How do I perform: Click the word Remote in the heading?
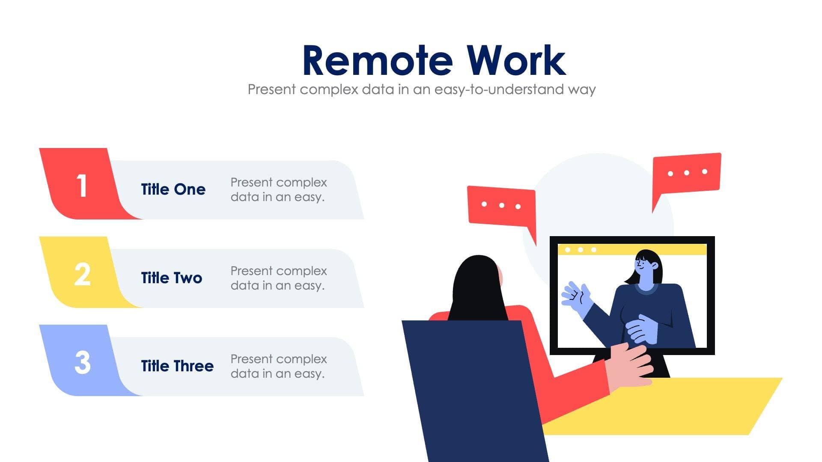[377, 61]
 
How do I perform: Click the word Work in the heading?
[516, 61]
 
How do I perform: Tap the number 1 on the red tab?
[81, 186]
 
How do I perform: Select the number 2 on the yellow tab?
[82, 274]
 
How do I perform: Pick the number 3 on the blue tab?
[82, 363]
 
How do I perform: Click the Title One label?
[173, 189]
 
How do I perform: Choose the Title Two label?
[171, 278]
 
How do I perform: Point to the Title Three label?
[177, 366]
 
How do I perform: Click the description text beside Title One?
[278, 190]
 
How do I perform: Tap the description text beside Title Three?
[278, 366]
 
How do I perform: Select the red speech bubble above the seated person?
[501, 206]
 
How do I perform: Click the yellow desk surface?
[685, 406]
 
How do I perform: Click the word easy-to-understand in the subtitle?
[499, 89]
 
